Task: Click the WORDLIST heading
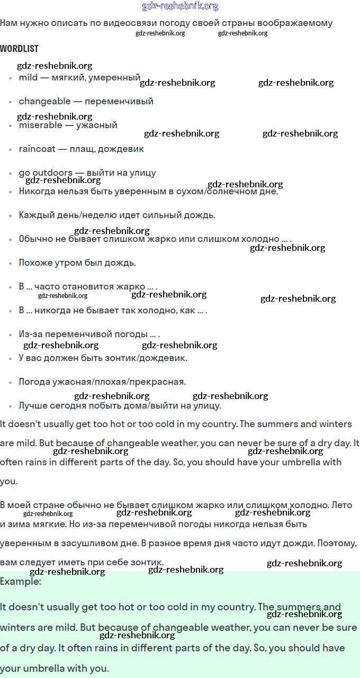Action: point(19,48)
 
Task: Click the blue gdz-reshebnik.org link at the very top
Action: point(180,6)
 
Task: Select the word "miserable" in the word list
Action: point(40,125)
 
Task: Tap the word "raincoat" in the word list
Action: point(37,149)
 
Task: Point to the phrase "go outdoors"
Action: point(46,173)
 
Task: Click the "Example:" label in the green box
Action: point(21,581)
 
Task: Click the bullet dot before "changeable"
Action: point(11,102)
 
